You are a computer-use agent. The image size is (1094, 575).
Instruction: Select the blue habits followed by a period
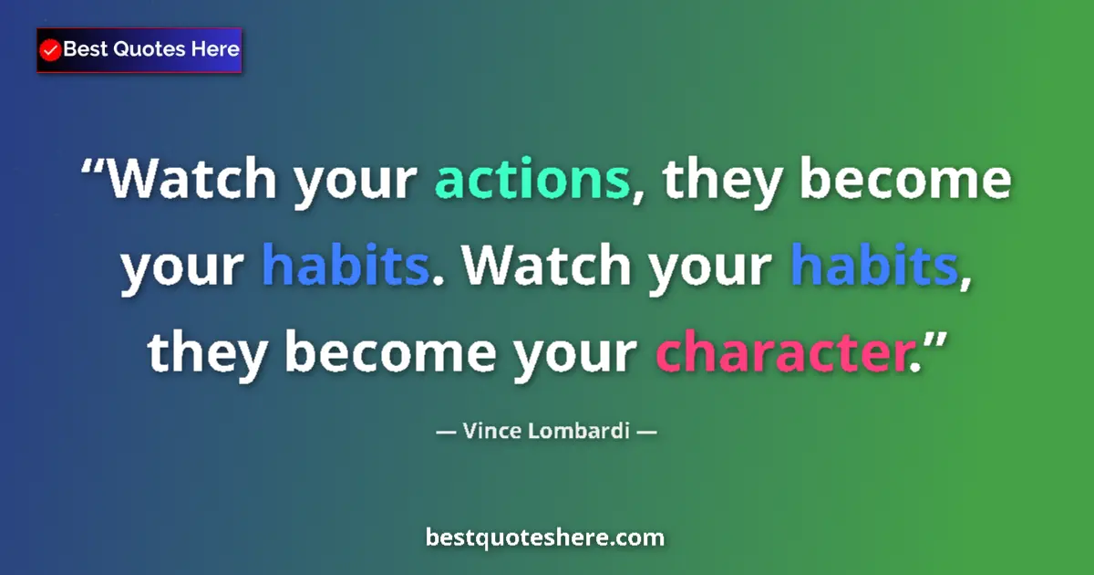[x=345, y=267]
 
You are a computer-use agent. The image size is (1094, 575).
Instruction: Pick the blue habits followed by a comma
[x=872, y=267]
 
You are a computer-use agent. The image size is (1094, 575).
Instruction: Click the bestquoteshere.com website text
[x=545, y=538]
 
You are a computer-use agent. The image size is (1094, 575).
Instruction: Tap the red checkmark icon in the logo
[x=51, y=50]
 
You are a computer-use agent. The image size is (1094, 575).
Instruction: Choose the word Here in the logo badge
[x=214, y=49]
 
